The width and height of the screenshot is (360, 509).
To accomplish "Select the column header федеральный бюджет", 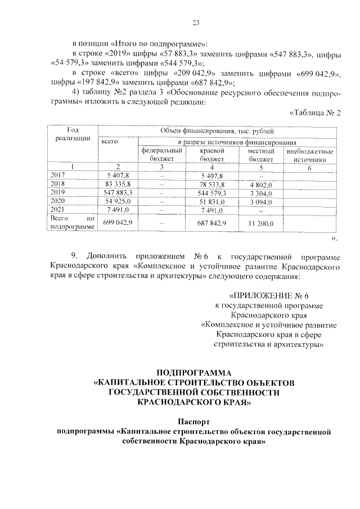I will pyautogui.click(x=160, y=155).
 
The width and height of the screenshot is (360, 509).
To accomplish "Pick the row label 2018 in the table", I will pyautogui.click(x=58, y=184).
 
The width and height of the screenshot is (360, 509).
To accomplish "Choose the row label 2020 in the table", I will pyautogui.click(x=58, y=201).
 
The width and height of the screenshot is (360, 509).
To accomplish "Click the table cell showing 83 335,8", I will pyautogui.click(x=118, y=184).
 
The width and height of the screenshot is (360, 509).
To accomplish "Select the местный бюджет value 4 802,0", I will pyautogui.click(x=260, y=184).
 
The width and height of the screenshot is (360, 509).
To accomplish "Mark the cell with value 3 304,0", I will pyautogui.click(x=260, y=193).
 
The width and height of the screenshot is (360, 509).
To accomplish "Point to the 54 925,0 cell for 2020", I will pyautogui.click(x=118, y=201).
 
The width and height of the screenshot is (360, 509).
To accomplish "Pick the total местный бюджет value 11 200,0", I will pyautogui.click(x=260, y=224).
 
